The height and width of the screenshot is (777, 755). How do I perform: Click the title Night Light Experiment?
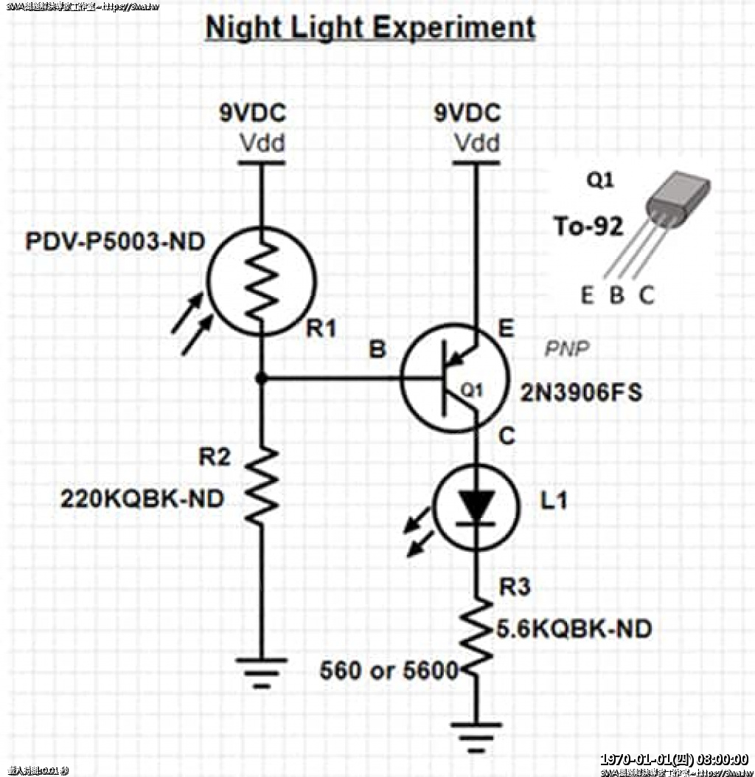click(370, 28)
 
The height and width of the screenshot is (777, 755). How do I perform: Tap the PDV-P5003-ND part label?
click(115, 242)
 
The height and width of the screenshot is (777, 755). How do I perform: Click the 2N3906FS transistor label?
click(581, 393)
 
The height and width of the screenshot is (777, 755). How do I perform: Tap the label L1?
click(554, 501)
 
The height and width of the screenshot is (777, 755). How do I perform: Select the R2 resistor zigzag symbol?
click(262, 485)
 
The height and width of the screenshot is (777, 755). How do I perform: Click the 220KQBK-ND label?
click(142, 500)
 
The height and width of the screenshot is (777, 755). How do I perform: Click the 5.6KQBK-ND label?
click(574, 629)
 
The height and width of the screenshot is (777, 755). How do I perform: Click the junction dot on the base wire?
click(262, 379)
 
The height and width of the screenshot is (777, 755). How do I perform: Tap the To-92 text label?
click(588, 226)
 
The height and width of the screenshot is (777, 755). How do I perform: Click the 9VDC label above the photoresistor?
click(251, 114)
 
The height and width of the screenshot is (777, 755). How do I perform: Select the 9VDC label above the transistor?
click(467, 114)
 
